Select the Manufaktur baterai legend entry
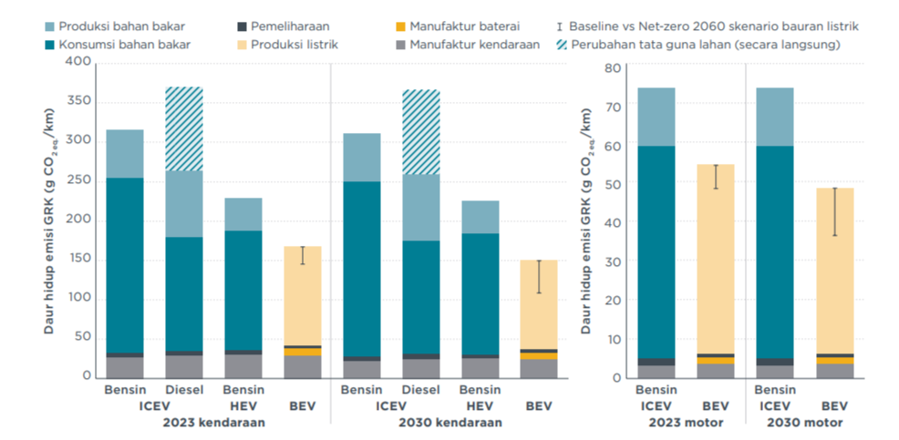click(x=453, y=27)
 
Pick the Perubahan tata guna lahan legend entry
click(x=706, y=44)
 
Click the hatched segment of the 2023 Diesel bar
click(x=183, y=128)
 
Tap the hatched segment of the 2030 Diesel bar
click(x=421, y=131)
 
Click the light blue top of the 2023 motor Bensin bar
click(x=656, y=117)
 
